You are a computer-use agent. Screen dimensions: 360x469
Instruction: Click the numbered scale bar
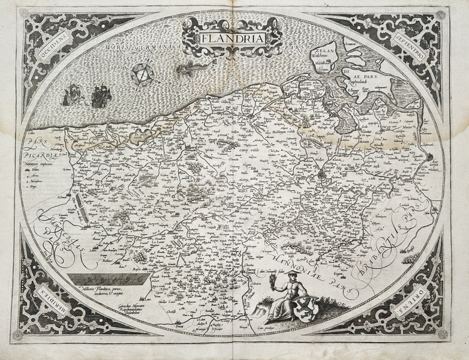104,278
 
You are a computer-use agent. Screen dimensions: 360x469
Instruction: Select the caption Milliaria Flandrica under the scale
106,292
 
